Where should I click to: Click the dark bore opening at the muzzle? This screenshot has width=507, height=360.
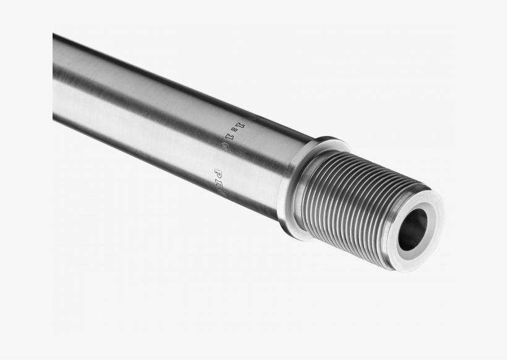tap(412, 229)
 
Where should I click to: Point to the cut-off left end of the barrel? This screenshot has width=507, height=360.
tap(56, 77)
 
